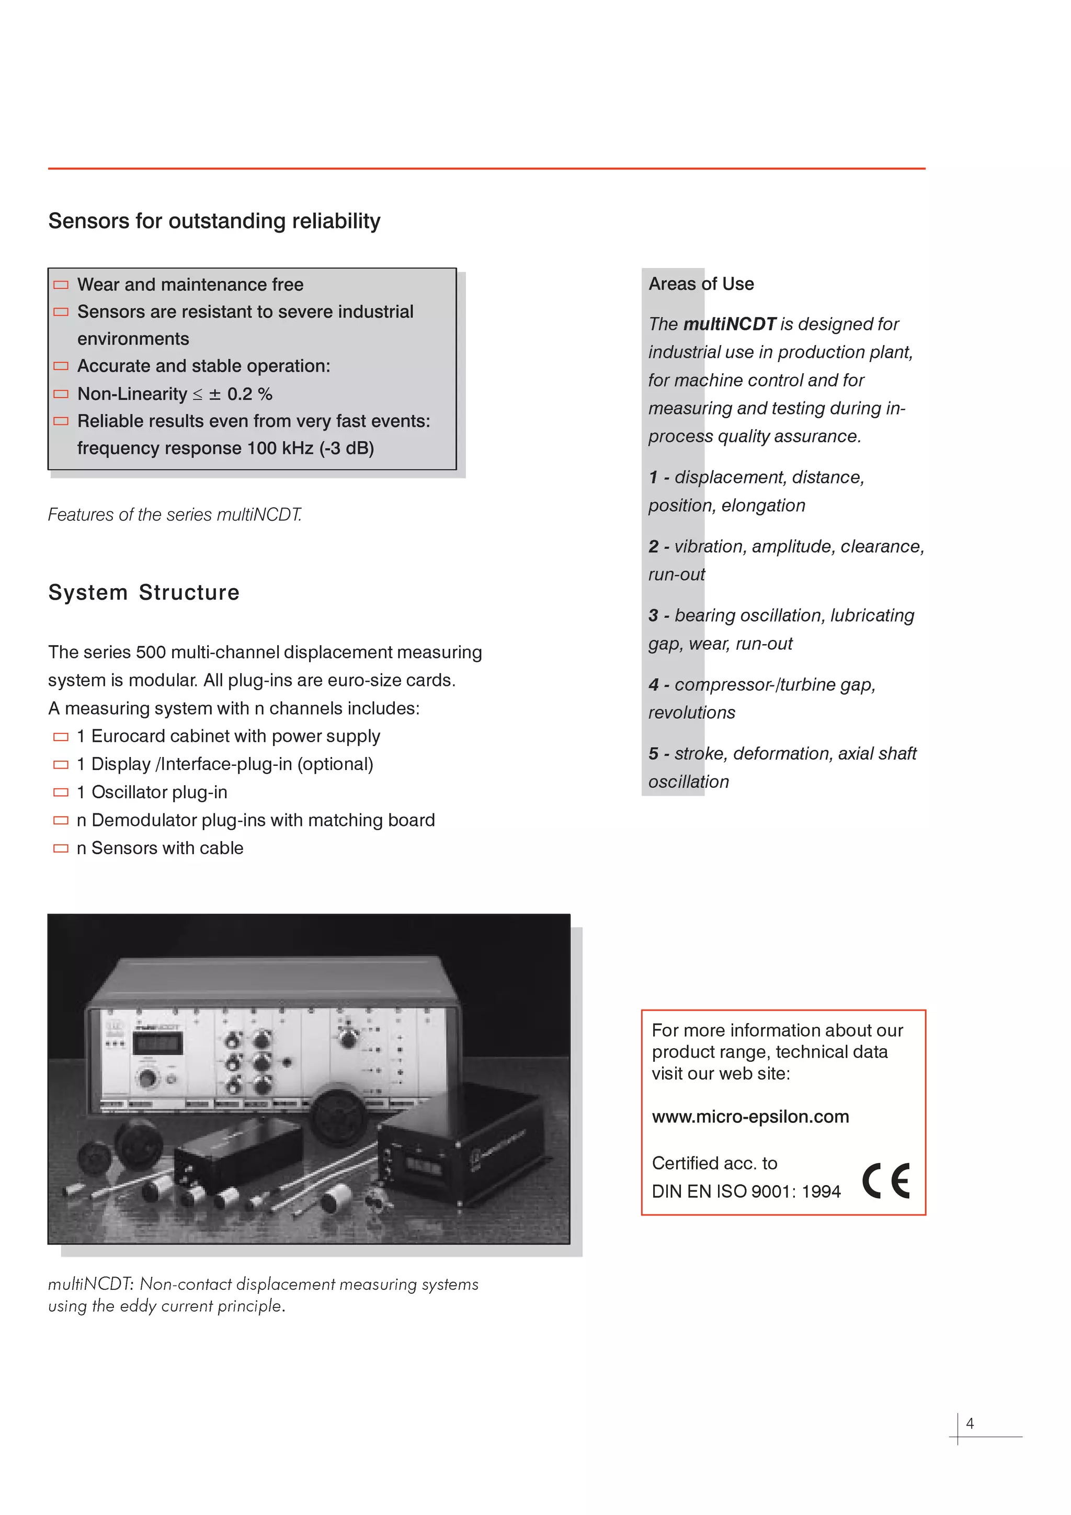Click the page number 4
tap(970, 1424)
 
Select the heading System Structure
tap(144, 592)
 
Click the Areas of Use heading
tap(701, 284)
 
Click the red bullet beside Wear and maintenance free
tap(61, 285)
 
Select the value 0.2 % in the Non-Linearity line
tap(249, 394)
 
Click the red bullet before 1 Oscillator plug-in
tap(61, 792)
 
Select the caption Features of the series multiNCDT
tap(175, 515)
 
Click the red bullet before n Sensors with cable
tap(61, 848)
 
